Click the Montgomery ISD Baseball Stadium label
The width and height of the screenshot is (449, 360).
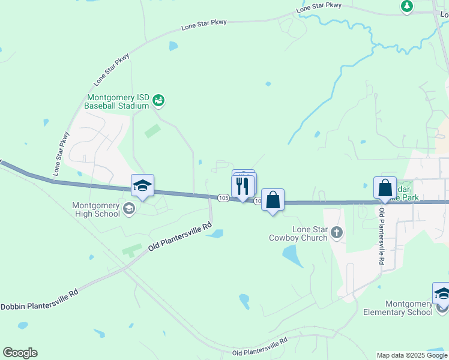pos(117,101)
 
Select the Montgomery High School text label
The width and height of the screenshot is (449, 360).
pos(96,209)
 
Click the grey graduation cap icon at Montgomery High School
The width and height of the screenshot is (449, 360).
pos(128,209)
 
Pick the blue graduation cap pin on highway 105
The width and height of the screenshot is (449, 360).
pos(143,186)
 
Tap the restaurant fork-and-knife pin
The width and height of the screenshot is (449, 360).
pos(243,186)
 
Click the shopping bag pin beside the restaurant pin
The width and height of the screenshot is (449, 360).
pos(273,200)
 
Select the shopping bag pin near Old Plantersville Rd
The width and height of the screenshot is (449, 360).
pos(385,188)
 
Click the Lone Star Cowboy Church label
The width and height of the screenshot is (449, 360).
pos(310,233)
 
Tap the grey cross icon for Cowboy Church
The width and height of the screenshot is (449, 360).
pos(337,232)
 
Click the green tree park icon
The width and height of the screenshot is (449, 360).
pos(407,6)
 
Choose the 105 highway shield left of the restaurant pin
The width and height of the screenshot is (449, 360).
pos(223,197)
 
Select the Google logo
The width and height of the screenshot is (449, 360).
pos(20,353)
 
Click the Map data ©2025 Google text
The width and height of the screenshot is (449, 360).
pos(411,355)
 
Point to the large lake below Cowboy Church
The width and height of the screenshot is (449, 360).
pos(293,257)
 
